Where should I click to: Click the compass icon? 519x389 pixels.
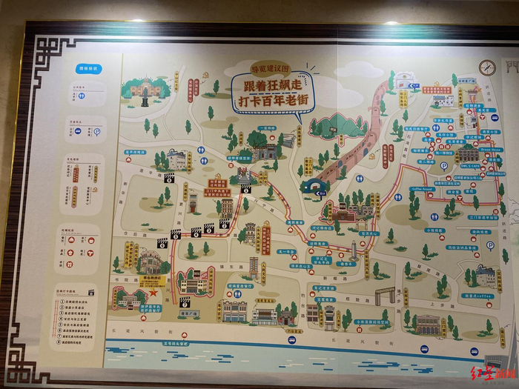tap(486, 67)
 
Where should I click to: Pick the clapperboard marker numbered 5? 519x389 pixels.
tap(175, 235)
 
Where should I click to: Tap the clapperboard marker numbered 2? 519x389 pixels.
tap(209, 230)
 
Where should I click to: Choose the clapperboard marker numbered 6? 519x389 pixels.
tap(245, 189)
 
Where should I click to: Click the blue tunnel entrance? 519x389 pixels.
tap(314, 186)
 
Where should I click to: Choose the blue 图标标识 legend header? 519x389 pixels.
tap(88, 69)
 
